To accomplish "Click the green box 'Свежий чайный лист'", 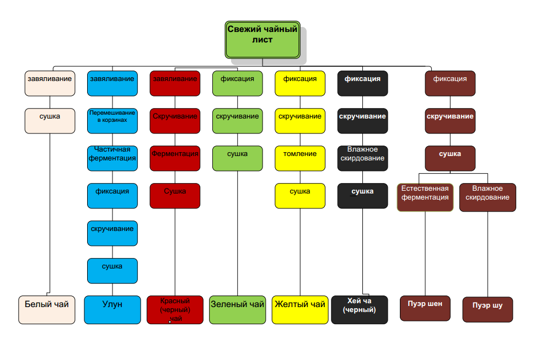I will click(x=263, y=39).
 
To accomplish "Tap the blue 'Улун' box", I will click(x=113, y=309).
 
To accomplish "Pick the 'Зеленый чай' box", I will click(x=238, y=309).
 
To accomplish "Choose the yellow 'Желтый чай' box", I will click(x=300, y=309).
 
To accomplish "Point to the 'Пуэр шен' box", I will click(x=425, y=308).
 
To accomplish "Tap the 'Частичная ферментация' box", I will click(x=113, y=158).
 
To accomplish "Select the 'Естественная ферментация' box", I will click(x=425, y=197).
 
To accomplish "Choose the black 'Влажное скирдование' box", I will click(x=362, y=158).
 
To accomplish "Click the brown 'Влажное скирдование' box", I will click(x=488, y=197).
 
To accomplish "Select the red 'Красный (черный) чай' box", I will click(x=175, y=310).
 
